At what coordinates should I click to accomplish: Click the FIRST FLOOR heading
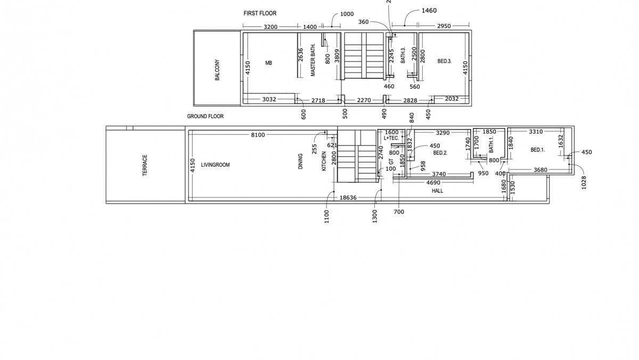point(260,13)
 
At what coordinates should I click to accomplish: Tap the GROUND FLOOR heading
point(205,116)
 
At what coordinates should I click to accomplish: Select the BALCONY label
point(217,70)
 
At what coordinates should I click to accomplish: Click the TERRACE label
point(144,165)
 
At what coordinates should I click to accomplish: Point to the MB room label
point(268,63)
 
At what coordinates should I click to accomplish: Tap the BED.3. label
point(444,62)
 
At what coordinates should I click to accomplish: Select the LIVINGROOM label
point(215,165)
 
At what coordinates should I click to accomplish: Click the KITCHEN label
point(324,161)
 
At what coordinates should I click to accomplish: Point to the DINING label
point(301,162)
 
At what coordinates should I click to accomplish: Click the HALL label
point(437,191)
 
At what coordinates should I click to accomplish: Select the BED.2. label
point(440,153)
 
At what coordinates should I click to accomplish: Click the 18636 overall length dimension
point(348,198)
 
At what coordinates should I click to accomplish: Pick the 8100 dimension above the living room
point(258,135)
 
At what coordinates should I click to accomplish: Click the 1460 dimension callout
point(429,11)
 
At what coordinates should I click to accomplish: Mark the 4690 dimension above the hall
point(432,183)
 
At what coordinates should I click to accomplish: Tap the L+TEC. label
point(391,138)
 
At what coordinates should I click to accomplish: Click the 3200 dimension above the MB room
point(271,27)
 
